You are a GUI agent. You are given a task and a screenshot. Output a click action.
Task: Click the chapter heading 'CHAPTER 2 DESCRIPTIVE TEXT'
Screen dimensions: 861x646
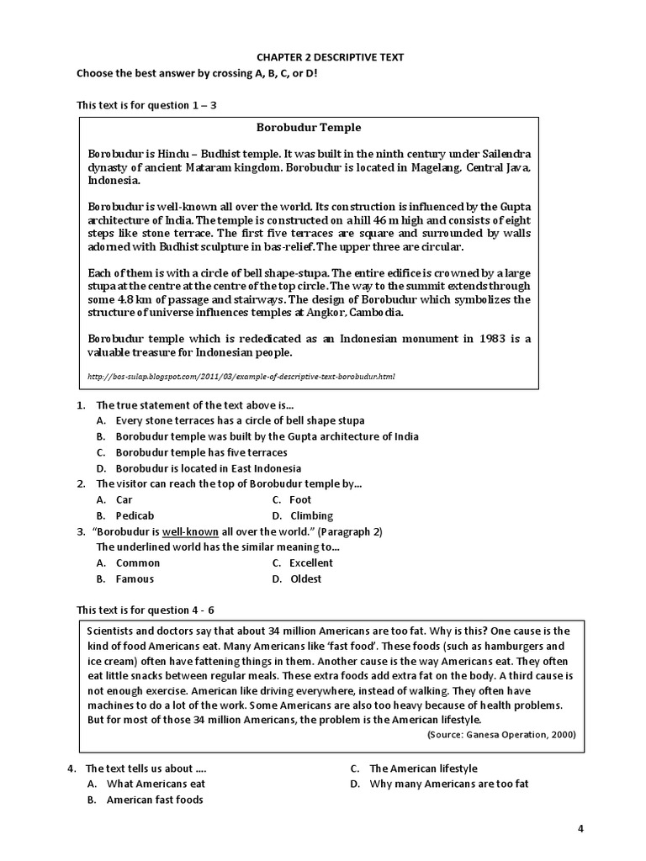331,57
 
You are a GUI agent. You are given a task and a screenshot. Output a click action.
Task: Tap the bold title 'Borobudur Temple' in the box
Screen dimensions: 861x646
309,128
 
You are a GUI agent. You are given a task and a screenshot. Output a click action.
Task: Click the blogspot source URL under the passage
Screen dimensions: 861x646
241,377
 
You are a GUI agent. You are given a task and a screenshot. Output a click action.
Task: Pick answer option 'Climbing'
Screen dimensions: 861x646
312,515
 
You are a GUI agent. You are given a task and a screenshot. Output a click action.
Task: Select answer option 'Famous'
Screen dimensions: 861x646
135,578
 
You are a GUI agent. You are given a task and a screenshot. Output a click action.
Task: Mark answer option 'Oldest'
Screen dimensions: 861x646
306,578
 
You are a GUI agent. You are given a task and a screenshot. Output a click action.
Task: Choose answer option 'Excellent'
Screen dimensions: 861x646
311,563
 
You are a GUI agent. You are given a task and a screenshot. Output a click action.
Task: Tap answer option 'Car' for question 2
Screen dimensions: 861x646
124,499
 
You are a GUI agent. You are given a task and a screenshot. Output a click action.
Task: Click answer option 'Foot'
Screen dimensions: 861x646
300,499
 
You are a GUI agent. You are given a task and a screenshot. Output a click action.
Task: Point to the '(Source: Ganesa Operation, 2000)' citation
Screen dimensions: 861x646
501,734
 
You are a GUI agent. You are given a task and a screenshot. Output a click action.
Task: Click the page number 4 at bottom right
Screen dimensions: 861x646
580,828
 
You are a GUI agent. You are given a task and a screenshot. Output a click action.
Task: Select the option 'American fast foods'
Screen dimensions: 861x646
155,800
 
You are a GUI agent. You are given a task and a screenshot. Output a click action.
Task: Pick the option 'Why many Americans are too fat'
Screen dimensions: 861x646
449,784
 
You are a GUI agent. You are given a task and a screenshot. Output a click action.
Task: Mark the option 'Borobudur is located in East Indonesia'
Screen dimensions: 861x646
209,468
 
